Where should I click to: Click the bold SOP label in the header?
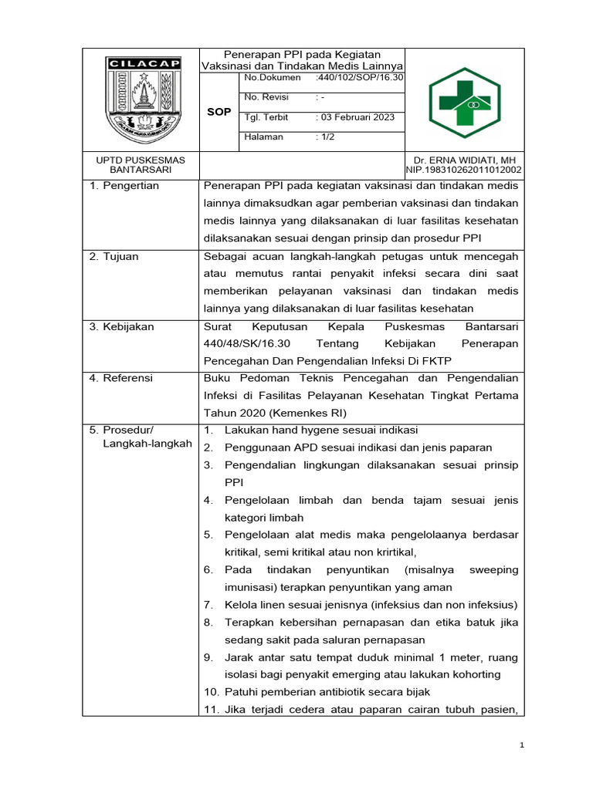(x=219, y=112)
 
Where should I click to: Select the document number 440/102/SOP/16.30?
(x=360, y=78)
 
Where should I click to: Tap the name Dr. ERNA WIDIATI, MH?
(x=464, y=160)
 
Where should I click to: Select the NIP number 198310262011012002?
(x=464, y=170)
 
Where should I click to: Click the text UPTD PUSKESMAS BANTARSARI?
(x=140, y=164)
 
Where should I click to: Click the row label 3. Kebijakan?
(x=122, y=326)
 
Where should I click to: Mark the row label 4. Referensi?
(x=121, y=378)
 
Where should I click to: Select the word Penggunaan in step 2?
(x=257, y=447)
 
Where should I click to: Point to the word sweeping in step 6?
(x=491, y=569)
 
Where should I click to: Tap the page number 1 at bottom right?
(x=523, y=744)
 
